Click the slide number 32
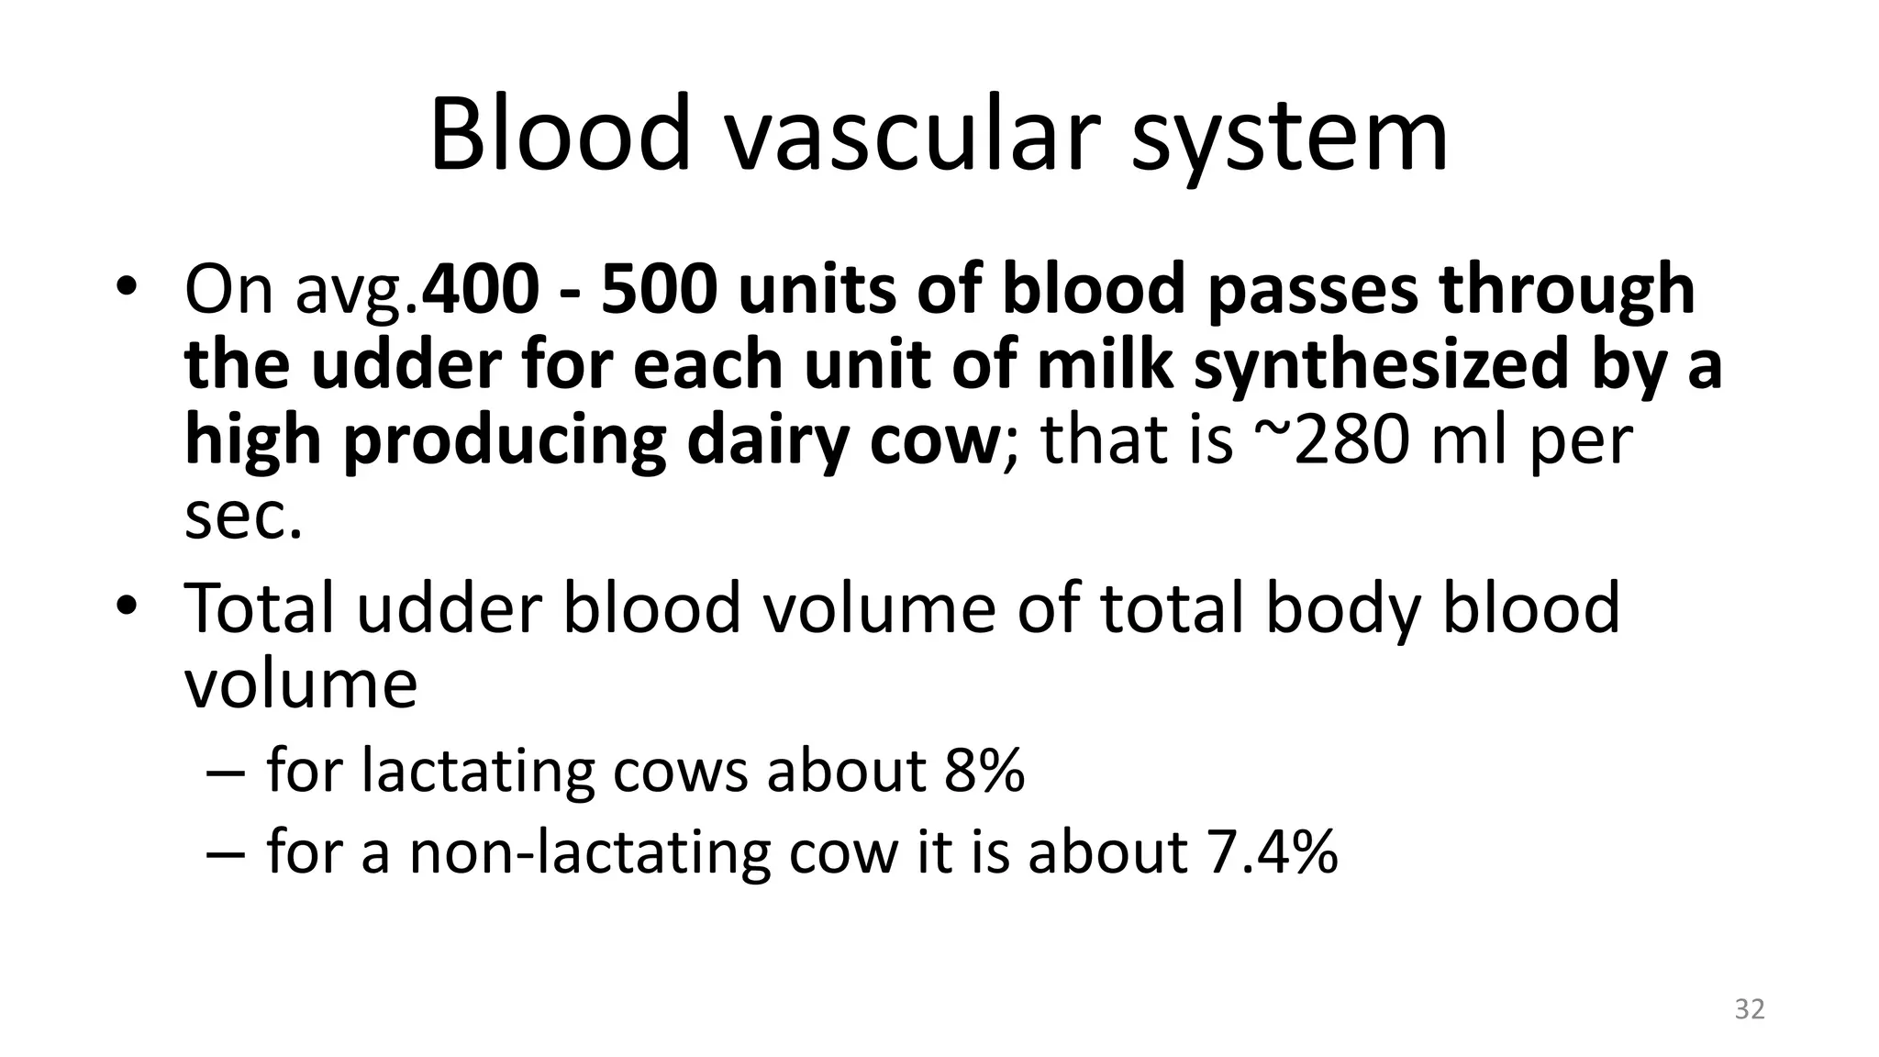click(x=1749, y=1009)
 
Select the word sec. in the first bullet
click(x=243, y=516)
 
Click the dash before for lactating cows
click(x=225, y=772)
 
